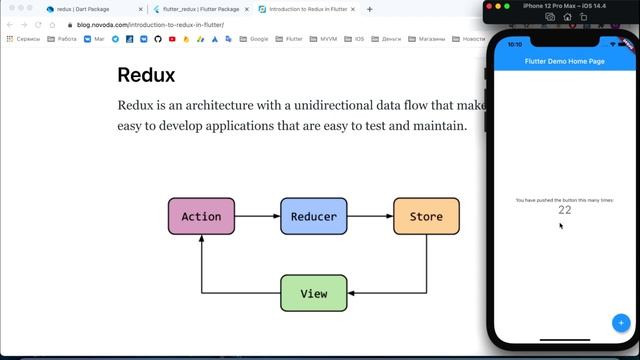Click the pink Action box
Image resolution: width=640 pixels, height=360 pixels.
pyautogui.click(x=201, y=216)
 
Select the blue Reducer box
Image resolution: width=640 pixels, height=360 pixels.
pyautogui.click(x=313, y=216)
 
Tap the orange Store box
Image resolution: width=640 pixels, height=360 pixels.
pyautogui.click(x=426, y=216)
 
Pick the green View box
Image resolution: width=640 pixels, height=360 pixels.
pyautogui.click(x=313, y=293)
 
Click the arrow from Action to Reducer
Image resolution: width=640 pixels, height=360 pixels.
pyautogui.click(x=257, y=216)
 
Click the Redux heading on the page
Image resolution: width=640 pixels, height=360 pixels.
pyautogui.click(x=146, y=76)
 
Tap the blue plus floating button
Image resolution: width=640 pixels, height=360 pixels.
pyautogui.click(x=620, y=322)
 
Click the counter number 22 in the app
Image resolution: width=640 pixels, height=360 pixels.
pyautogui.click(x=565, y=210)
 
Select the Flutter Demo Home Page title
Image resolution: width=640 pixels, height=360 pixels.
pyautogui.click(x=565, y=62)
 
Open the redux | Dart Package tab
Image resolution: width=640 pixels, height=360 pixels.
pyautogui.click(x=84, y=9)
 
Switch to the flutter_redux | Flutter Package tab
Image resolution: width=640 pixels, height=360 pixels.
pyautogui.click(x=200, y=9)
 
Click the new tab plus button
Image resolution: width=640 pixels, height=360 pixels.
pyautogui.click(x=369, y=9)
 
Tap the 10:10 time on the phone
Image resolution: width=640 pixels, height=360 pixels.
pyautogui.click(x=515, y=44)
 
